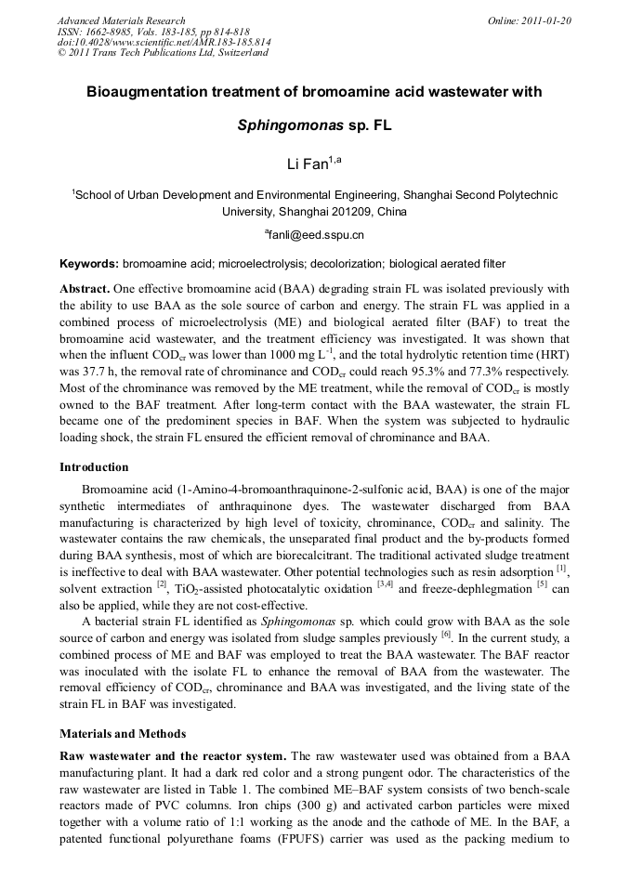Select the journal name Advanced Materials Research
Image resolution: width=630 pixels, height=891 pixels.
[x=121, y=20]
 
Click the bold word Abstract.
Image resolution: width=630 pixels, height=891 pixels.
[x=85, y=289]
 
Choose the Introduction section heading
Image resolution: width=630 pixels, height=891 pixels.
[x=94, y=466]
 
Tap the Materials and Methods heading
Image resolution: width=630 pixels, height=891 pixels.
[x=122, y=733]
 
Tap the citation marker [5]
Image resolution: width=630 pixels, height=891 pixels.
[x=542, y=584]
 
